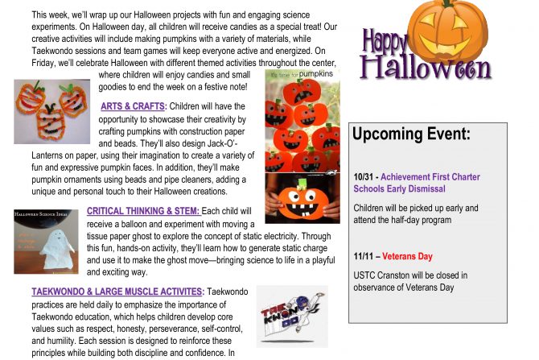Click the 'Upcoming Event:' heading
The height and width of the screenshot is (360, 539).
[411, 134]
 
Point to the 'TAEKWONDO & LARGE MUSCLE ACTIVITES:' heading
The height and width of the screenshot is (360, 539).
[118, 290]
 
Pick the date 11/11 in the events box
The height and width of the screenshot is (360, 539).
[364, 256]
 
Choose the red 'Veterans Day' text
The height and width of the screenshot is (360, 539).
[407, 256]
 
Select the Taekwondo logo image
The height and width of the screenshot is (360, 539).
[291, 316]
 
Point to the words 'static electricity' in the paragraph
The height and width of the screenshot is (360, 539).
[265, 237]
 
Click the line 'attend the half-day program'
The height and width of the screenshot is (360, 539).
[401, 220]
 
